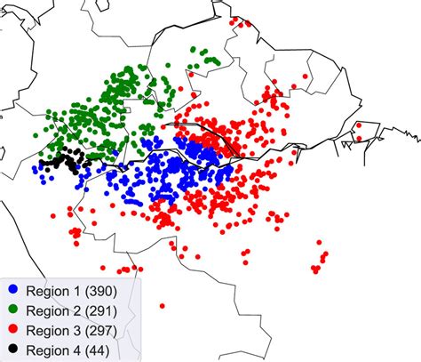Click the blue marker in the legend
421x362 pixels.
tap(14, 292)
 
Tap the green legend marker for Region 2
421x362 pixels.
tap(14, 310)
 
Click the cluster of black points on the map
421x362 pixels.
tap(64, 161)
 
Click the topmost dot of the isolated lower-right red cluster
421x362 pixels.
tap(325, 254)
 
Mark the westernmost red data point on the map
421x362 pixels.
tap(54, 214)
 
